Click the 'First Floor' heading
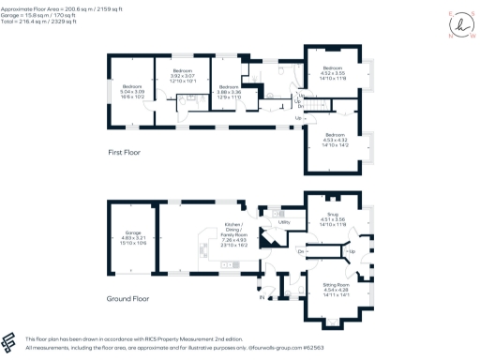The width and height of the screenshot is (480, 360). [x=127, y=150]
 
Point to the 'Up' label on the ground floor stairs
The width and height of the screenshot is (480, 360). [x=351, y=251]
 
